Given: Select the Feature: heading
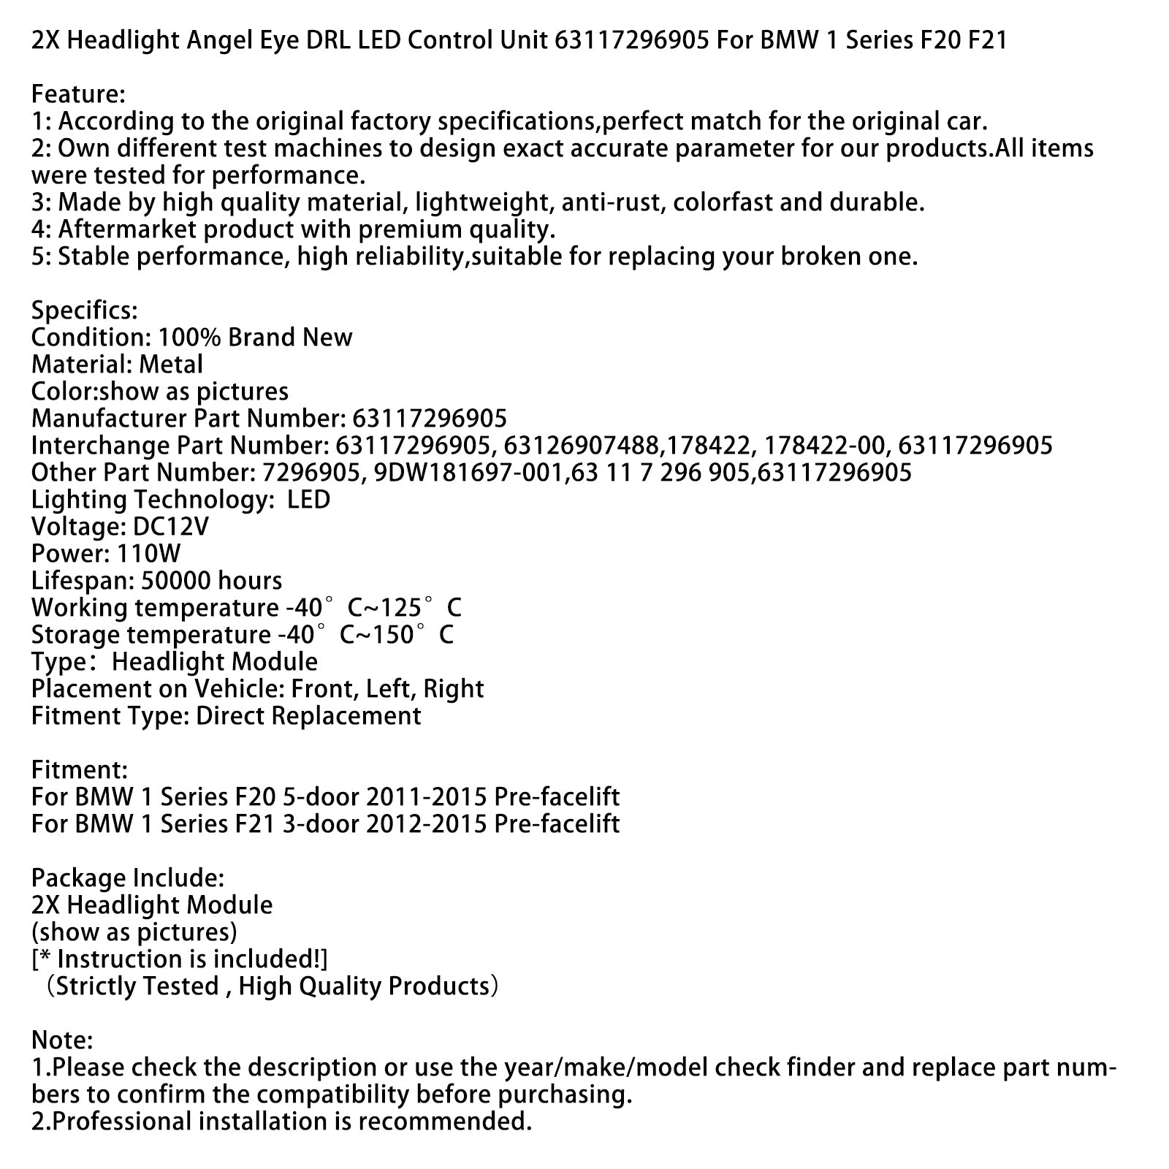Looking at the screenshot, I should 78,94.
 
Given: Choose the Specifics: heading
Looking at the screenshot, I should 84,311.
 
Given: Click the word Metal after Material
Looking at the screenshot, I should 171,365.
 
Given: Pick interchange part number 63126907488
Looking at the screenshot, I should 576,446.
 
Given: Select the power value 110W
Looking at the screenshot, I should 148,554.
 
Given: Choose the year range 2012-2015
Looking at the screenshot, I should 426,823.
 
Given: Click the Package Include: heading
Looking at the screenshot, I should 128,877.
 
